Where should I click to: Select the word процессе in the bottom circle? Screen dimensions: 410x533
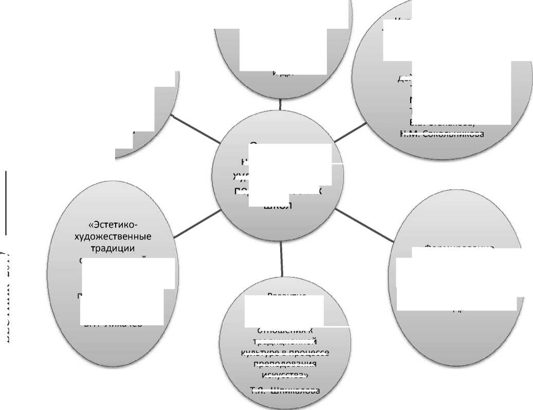click(x=310, y=353)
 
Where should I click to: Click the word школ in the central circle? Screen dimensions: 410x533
click(x=278, y=206)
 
